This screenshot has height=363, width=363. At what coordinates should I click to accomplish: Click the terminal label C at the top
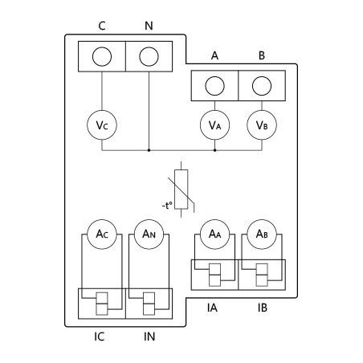tap(101, 26)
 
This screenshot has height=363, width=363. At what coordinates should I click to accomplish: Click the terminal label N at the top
tap(149, 26)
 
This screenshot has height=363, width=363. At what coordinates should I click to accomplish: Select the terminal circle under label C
tap(101, 58)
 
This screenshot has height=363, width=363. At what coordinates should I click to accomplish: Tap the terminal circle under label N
tap(149, 58)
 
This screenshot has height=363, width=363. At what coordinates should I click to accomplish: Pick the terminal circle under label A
tap(214, 86)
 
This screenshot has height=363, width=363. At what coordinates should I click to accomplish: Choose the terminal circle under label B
tap(262, 86)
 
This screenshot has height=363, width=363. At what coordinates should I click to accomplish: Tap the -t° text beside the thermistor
tap(167, 206)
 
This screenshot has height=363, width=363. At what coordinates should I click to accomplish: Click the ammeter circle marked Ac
tap(101, 234)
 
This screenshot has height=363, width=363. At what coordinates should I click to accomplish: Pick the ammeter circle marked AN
tap(149, 234)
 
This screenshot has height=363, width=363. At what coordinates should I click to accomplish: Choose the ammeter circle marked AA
tap(214, 234)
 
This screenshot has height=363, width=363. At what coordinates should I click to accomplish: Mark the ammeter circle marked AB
tap(262, 234)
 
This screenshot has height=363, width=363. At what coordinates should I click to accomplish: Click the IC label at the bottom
tap(100, 336)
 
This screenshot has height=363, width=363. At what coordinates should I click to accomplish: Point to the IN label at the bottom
tap(149, 336)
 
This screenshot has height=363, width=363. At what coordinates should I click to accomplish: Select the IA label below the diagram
tap(214, 308)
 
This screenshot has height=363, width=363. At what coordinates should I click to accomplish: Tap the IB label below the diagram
tap(263, 308)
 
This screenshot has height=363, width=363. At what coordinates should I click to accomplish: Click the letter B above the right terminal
tap(262, 55)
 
